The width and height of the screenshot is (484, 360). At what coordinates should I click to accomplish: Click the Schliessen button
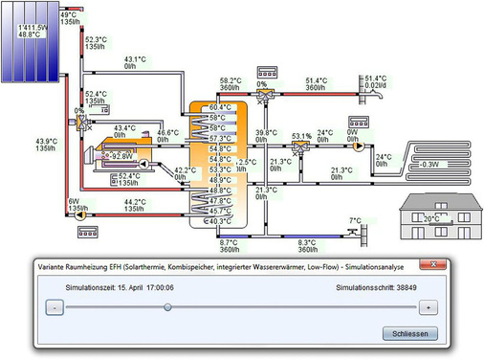point(409,333)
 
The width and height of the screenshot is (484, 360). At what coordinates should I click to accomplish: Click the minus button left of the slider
point(55,307)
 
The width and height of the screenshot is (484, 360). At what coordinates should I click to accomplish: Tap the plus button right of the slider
point(429,307)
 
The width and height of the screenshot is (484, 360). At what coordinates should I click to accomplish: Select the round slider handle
point(167,307)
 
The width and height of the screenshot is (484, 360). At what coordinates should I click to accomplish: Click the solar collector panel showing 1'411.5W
point(33,42)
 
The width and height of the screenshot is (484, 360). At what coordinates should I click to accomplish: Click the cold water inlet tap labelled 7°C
point(357,232)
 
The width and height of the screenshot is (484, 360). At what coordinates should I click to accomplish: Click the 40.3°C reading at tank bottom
point(219,221)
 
